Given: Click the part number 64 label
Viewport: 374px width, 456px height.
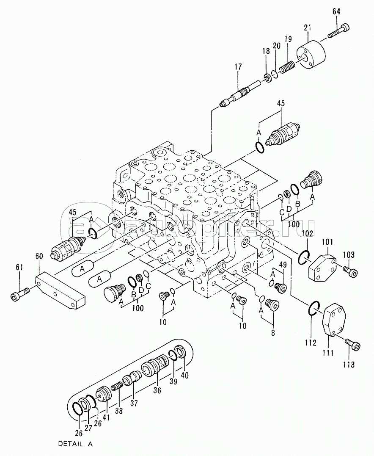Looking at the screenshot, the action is click(x=336, y=11).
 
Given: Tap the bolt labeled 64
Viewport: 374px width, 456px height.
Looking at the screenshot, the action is click(x=338, y=31).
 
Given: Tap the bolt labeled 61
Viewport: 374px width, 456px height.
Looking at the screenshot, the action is click(x=19, y=294).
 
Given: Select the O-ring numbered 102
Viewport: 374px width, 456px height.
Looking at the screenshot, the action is click(x=304, y=256).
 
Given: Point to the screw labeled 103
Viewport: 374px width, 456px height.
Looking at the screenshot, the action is click(x=350, y=271).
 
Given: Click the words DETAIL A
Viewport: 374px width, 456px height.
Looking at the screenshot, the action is click(x=75, y=444).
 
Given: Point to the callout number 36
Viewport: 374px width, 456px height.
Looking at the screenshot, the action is click(x=157, y=390).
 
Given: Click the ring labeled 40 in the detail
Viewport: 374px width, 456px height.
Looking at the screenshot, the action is click(x=181, y=351).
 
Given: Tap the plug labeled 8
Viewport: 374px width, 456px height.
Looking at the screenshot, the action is click(x=272, y=304).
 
